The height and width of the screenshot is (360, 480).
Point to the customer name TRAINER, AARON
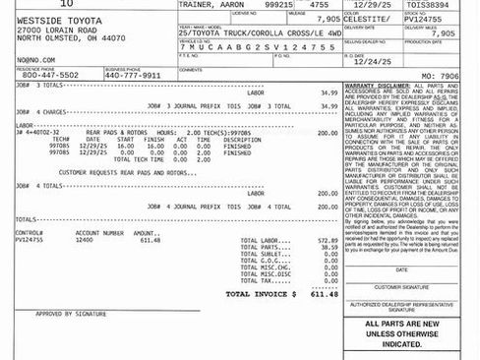point(210,6)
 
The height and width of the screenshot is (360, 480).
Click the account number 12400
point(85,240)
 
